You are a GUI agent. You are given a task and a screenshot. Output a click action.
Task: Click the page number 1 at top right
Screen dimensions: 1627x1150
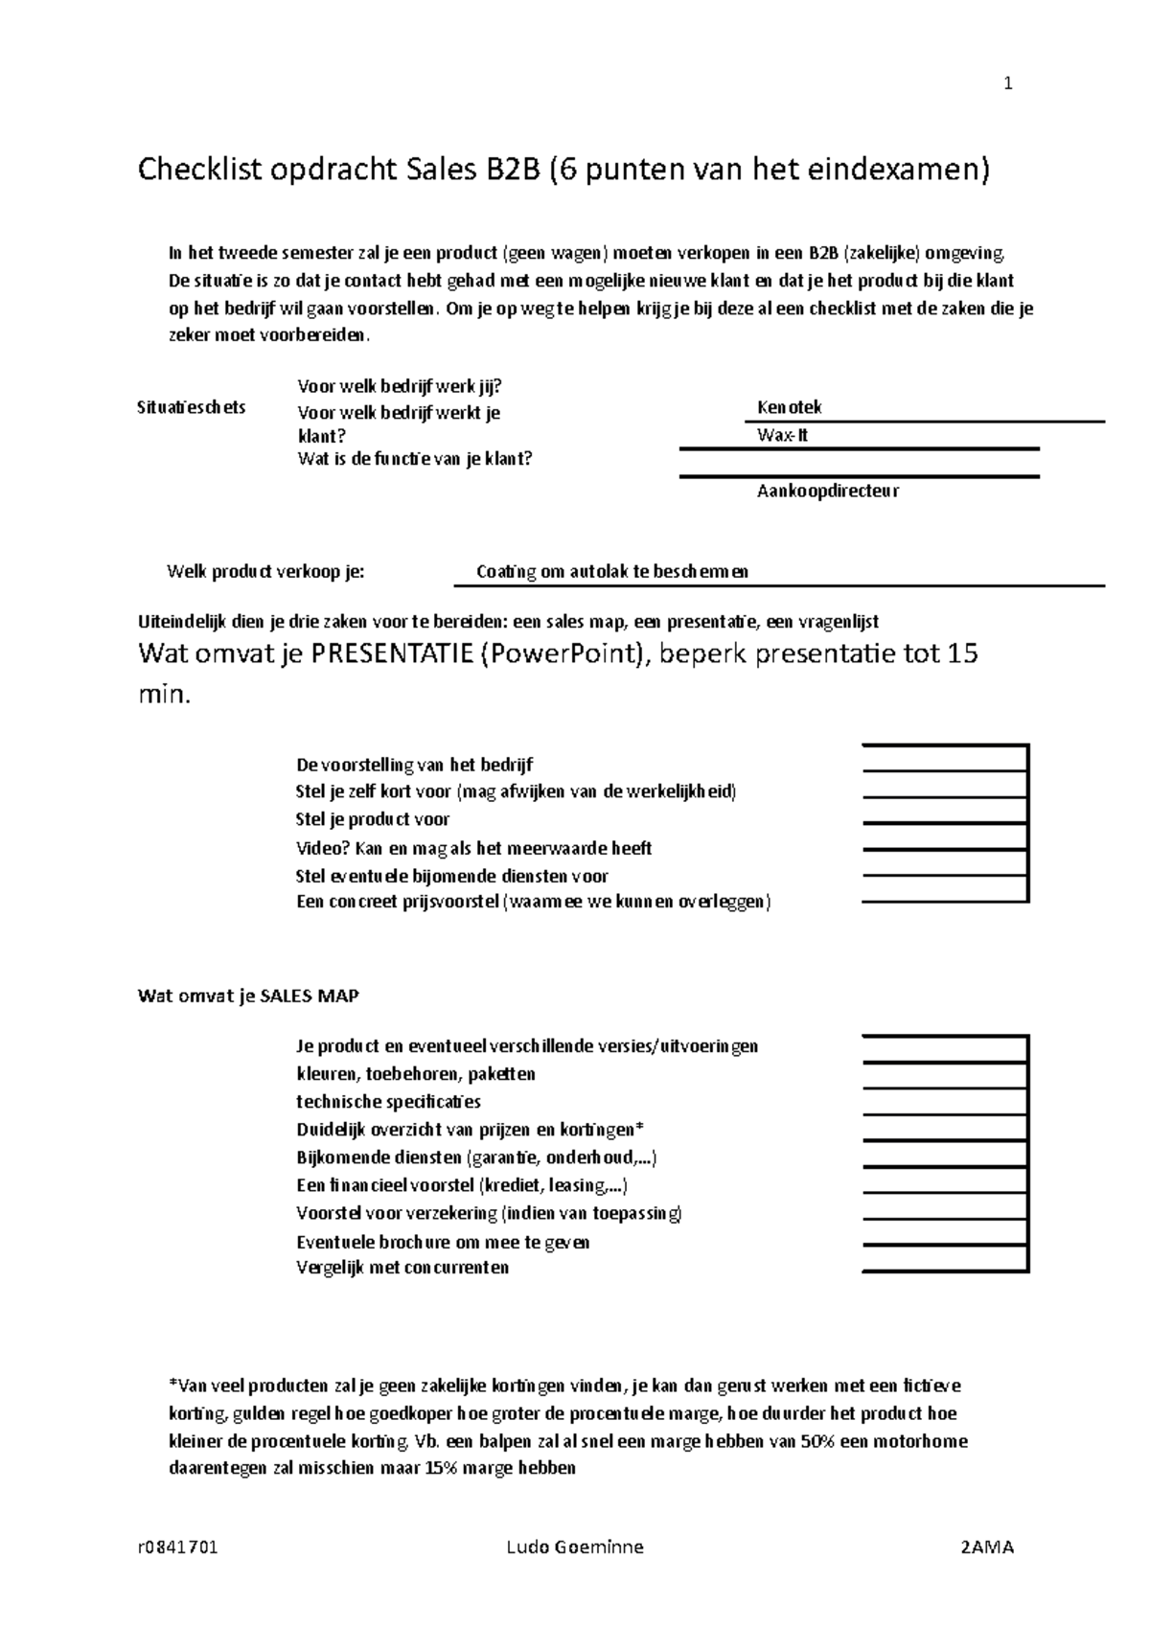coord(1007,84)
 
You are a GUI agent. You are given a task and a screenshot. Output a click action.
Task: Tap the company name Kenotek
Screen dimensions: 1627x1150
coord(790,407)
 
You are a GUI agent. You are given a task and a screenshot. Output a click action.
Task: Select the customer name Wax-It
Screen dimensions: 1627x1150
coord(783,435)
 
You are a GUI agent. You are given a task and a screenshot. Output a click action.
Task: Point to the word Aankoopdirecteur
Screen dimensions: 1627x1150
coord(828,492)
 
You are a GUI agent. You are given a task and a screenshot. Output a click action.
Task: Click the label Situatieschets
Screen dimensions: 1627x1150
coord(192,407)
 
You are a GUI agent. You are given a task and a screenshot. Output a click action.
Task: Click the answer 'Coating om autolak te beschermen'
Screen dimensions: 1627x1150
coord(612,572)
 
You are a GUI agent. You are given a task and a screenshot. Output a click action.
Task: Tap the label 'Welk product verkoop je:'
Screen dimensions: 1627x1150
coord(265,572)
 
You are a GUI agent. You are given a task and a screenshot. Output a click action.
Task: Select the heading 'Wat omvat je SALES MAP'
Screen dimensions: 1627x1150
coord(249,997)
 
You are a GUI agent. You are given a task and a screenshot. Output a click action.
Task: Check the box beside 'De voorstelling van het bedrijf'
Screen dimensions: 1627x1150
coord(945,758)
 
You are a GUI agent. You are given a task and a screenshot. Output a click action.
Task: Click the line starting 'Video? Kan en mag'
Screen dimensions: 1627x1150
coord(474,848)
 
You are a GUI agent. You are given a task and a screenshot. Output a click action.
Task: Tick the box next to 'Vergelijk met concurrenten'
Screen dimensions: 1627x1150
coord(945,1258)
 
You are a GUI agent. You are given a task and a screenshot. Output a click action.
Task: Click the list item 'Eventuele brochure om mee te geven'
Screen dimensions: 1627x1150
coord(443,1243)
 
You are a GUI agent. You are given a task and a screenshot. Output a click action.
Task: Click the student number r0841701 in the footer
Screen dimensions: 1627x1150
coord(178,1547)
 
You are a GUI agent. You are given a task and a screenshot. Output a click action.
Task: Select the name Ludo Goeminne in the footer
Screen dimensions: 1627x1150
coord(574,1547)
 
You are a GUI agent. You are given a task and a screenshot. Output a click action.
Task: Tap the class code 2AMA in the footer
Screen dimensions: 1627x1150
coord(986,1547)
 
